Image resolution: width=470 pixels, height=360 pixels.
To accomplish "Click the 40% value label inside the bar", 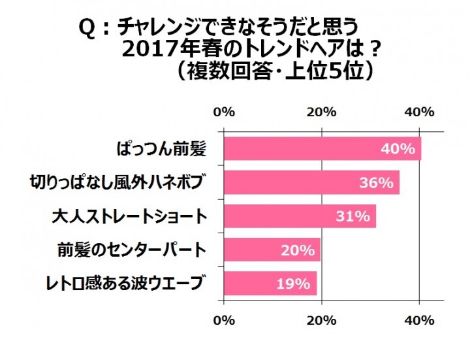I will pyautogui.click(x=398, y=148).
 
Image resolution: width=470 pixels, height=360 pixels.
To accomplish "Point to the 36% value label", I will pyautogui.click(x=377, y=183).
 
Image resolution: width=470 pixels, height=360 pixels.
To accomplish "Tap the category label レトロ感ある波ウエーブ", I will pyautogui.click(x=123, y=283).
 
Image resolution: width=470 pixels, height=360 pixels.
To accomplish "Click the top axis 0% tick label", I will pyautogui.click(x=224, y=112).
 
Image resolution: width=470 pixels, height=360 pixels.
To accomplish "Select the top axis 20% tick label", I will pyautogui.click(x=321, y=112).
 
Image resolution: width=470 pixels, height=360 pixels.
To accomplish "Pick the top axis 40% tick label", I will pyautogui.click(x=419, y=112).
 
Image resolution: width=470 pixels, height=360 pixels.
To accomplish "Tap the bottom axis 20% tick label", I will pyautogui.click(x=321, y=320).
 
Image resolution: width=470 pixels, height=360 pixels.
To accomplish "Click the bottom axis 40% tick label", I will pyautogui.click(x=419, y=320).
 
